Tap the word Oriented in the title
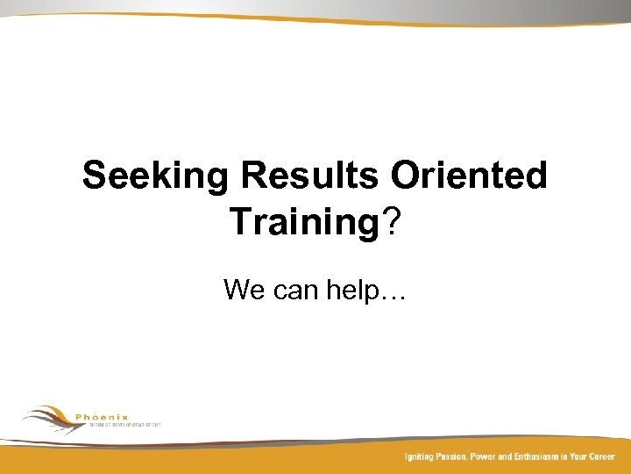469,176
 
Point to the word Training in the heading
303,222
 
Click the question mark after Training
390,222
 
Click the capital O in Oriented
405,176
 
